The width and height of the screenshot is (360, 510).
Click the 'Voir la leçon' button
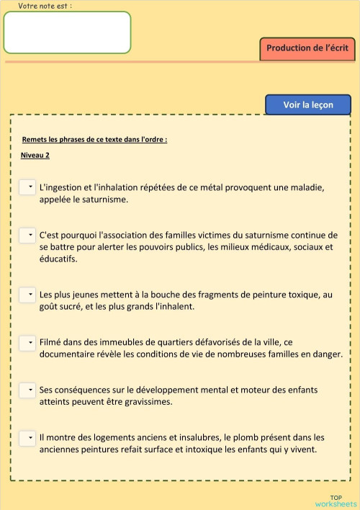click(308, 105)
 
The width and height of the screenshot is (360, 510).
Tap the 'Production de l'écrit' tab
click(307, 48)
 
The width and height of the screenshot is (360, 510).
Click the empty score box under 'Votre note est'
click(67, 32)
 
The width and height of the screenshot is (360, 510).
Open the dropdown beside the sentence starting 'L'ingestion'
click(27, 187)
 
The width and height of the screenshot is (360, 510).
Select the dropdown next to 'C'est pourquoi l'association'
click(27, 235)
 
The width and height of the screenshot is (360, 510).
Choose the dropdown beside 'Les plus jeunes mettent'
click(27, 295)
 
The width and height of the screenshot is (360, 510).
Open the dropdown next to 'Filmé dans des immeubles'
click(27, 342)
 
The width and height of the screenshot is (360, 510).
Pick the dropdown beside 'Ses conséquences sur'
click(27, 390)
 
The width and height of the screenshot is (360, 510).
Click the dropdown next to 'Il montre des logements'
click(27, 437)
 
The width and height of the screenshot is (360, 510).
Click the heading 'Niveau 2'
click(35, 155)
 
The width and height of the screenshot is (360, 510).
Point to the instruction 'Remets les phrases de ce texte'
click(94, 139)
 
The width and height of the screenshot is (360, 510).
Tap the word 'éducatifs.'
click(58, 259)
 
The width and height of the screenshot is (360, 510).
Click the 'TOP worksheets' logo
click(336, 501)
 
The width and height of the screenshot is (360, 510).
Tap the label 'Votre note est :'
click(45, 6)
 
